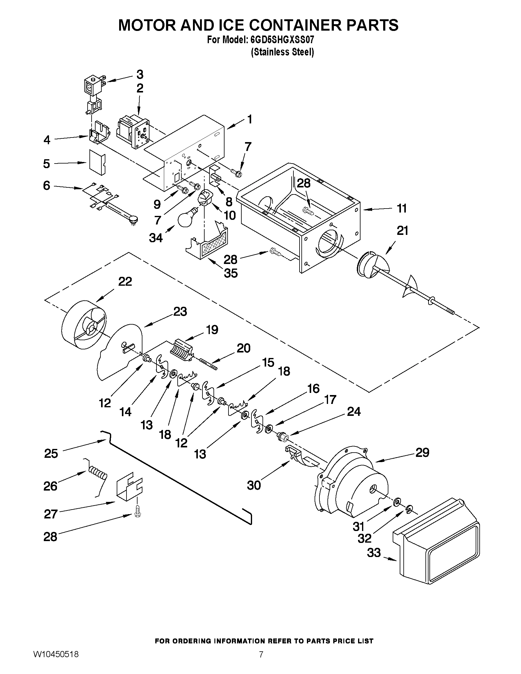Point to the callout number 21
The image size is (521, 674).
click(x=402, y=231)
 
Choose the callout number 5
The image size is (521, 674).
click(x=47, y=164)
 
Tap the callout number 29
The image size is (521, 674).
click(x=422, y=452)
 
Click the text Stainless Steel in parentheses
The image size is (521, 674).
click(x=282, y=52)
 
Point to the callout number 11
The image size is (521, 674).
click(x=402, y=209)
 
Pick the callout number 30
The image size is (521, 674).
click(x=254, y=485)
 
